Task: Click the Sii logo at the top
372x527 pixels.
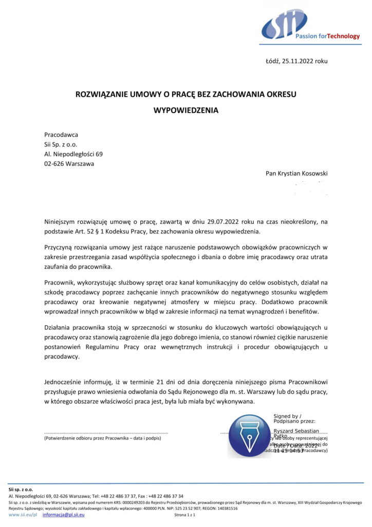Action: pos(284,24)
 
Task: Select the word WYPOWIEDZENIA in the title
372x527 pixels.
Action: pos(185,110)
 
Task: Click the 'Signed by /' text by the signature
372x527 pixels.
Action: pos(288,416)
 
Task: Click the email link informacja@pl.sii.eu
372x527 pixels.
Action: pos(63,515)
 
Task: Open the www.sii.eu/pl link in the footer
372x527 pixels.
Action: pos(23,515)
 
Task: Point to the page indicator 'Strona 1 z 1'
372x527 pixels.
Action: pos(185,515)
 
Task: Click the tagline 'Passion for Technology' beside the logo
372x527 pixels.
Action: pos(327,37)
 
